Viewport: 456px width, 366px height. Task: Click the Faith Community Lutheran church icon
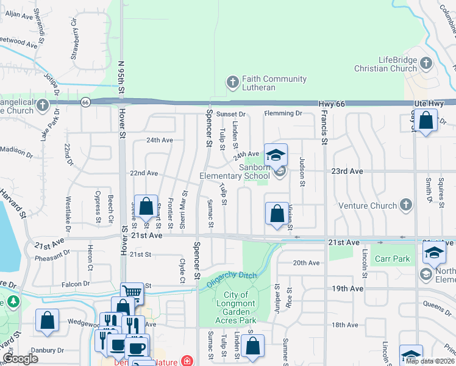tap(232, 81)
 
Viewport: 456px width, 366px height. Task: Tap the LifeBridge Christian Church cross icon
tap(426, 63)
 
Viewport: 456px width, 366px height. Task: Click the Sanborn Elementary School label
tap(235, 172)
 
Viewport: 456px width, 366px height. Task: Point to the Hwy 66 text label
tap(332, 104)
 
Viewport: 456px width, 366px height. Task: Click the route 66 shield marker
tap(85, 102)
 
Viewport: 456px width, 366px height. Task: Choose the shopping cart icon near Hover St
tap(131, 293)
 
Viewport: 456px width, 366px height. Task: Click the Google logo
tap(20, 359)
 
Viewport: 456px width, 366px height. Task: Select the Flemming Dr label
tap(282, 113)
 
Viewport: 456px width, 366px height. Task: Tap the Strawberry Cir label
tap(74, 43)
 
